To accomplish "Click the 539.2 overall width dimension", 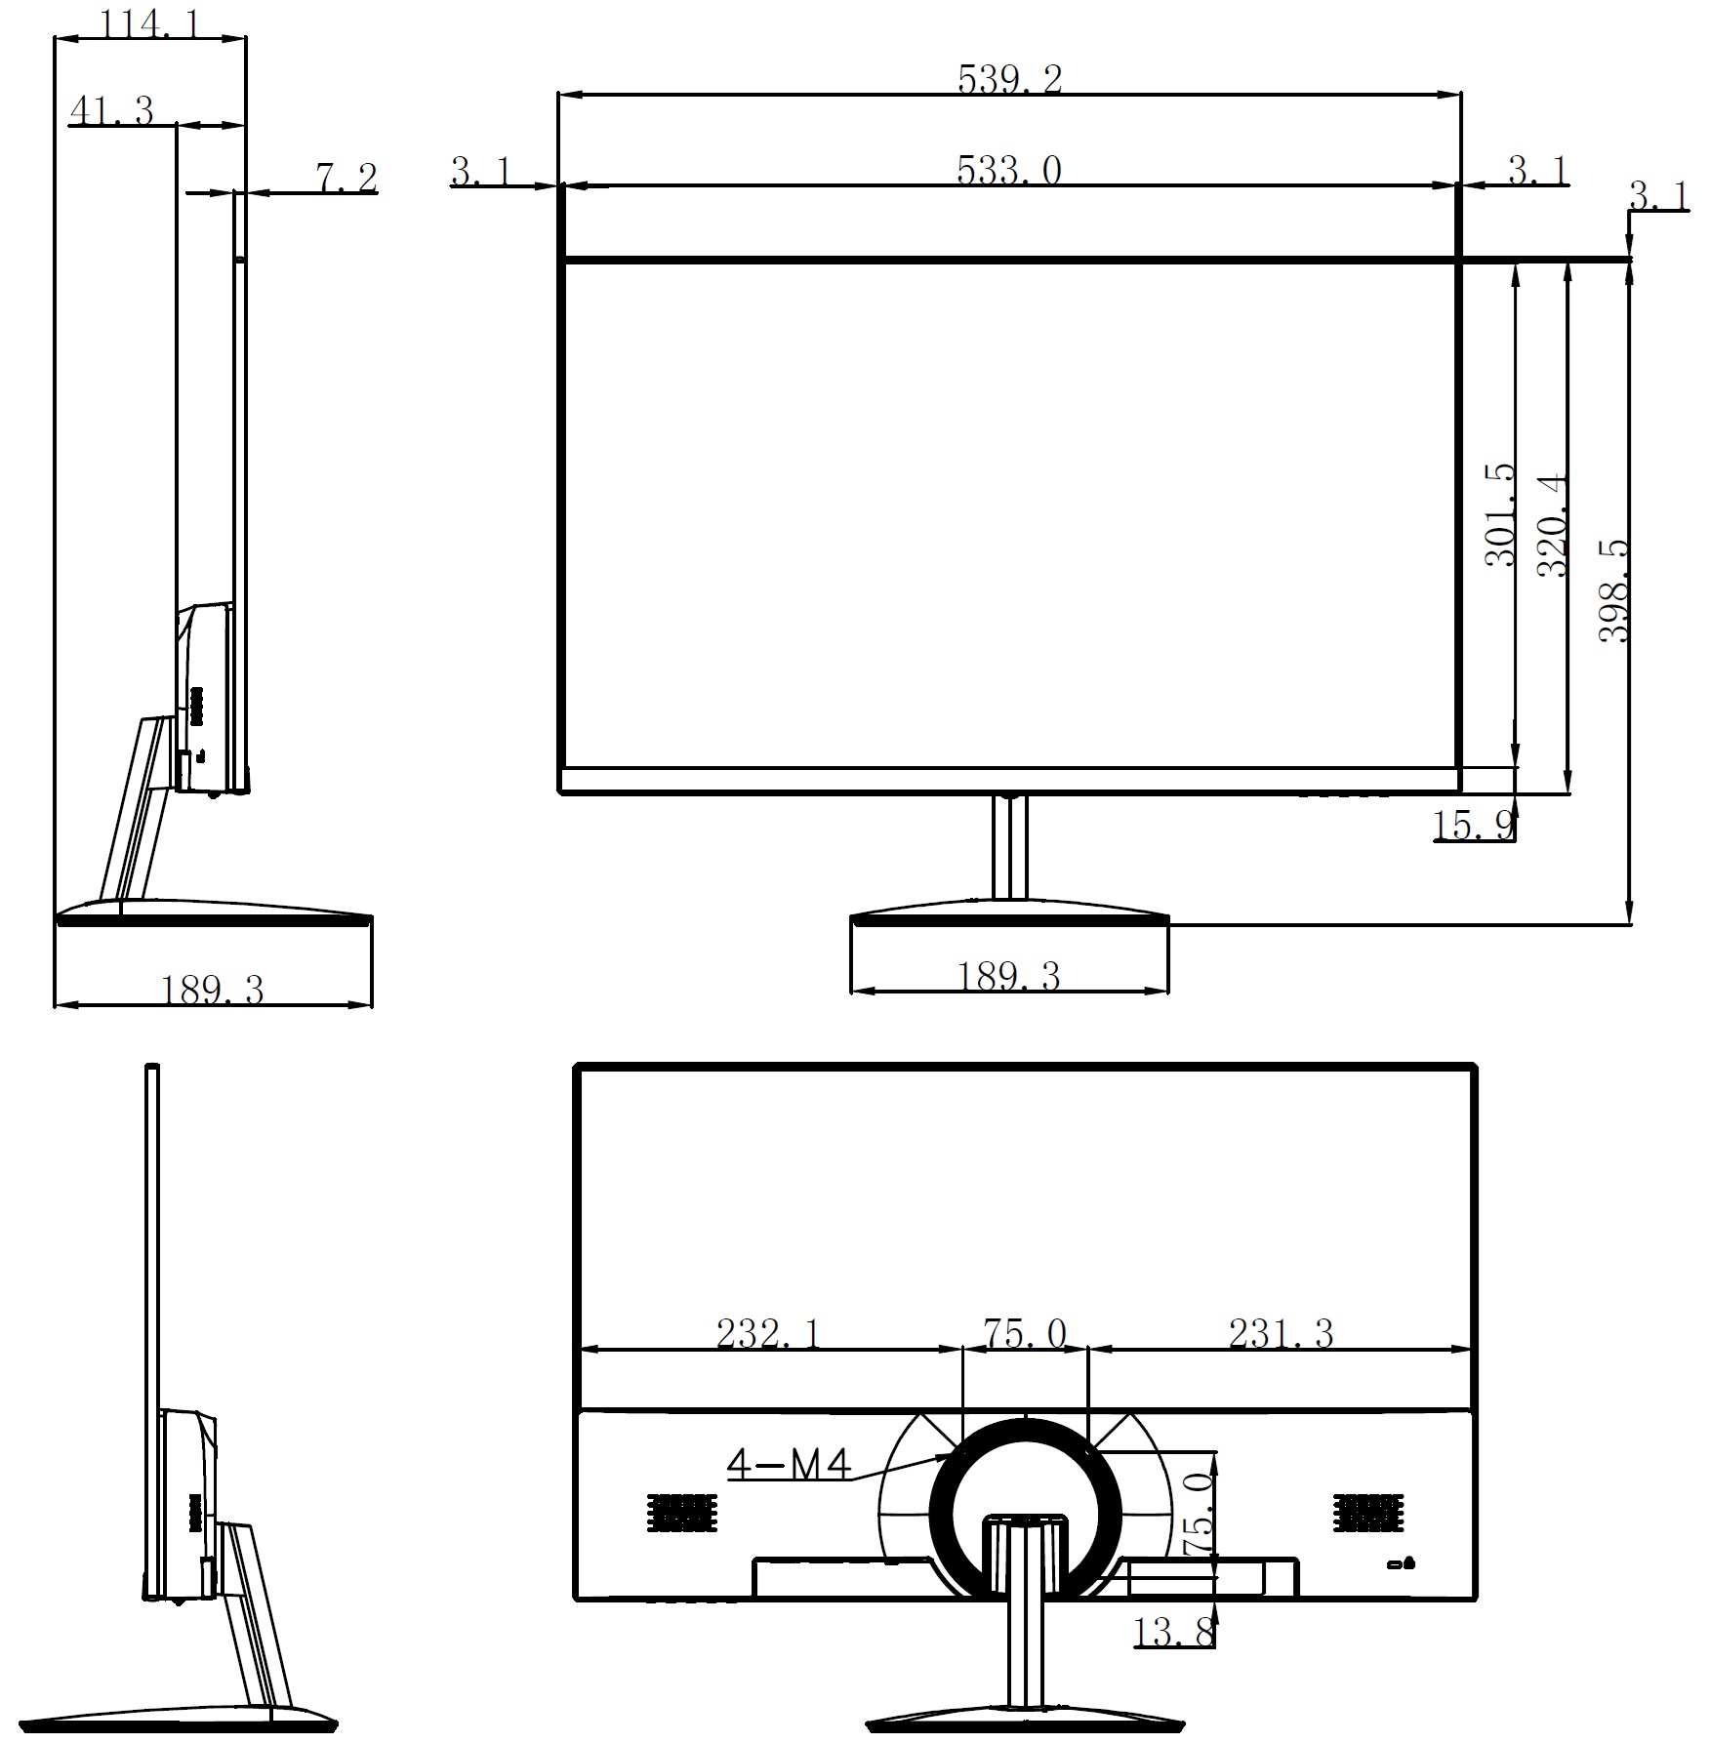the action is coord(1009,79).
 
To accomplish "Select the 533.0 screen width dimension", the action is coord(1009,171).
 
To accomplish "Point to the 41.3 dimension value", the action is coord(112,111).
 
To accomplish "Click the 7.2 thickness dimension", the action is coord(346,178).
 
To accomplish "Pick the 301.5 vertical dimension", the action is coord(1501,514).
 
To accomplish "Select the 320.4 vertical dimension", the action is coord(1553,525).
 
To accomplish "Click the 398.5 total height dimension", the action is coord(1614,590).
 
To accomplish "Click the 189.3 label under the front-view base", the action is coord(1008,977).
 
